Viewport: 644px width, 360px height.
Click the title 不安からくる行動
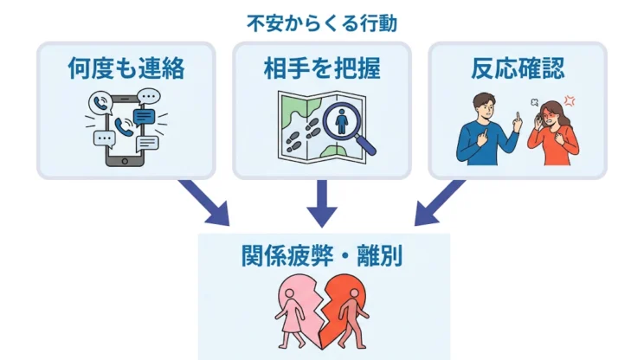pos(321,23)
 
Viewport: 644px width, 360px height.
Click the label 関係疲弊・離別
pos(323,257)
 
